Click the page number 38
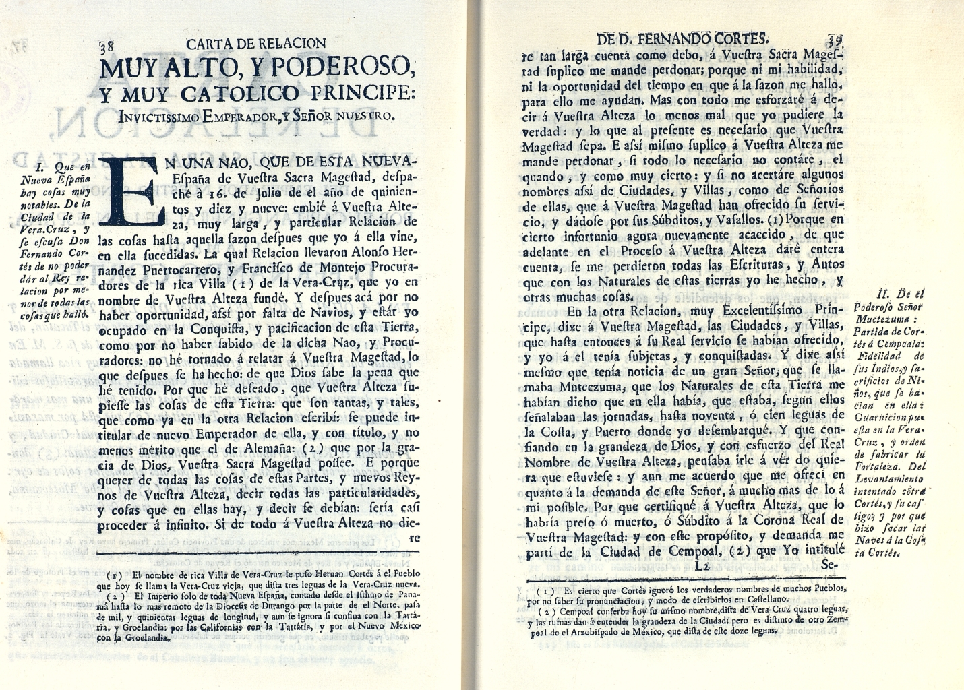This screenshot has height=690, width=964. [x=106, y=47]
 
